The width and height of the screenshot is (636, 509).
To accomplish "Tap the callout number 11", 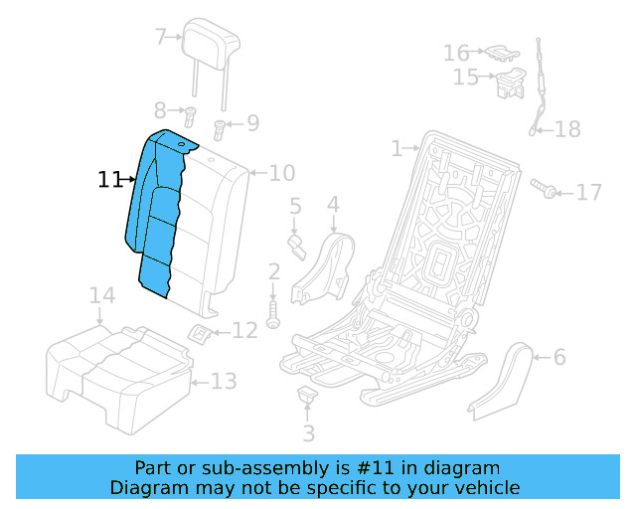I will pyautogui.click(x=109, y=180).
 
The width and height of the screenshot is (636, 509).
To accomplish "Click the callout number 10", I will pyautogui.click(x=282, y=173).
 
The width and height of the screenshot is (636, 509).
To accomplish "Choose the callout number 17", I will pyautogui.click(x=589, y=192).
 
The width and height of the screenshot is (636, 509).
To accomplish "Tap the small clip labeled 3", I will pyautogui.click(x=307, y=396).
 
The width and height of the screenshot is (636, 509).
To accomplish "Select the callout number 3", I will pyautogui.click(x=308, y=433).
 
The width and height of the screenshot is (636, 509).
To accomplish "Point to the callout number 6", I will pyautogui.click(x=558, y=356).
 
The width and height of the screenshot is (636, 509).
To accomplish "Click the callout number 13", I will pyautogui.click(x=225, y=382).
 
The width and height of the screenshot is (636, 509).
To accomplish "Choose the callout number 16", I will pyautogui.click(x=456, y=52).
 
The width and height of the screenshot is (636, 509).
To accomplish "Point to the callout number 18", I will pyautogui.click(x=566, y=129).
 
